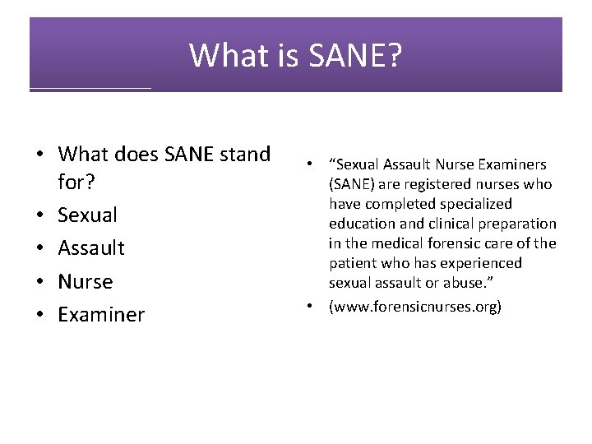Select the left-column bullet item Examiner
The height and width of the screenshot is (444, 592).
point(101,315)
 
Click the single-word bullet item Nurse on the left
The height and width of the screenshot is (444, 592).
point(86,281)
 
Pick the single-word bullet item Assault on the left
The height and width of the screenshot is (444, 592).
point(91,247)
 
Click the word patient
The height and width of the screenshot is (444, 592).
point(351,263)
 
